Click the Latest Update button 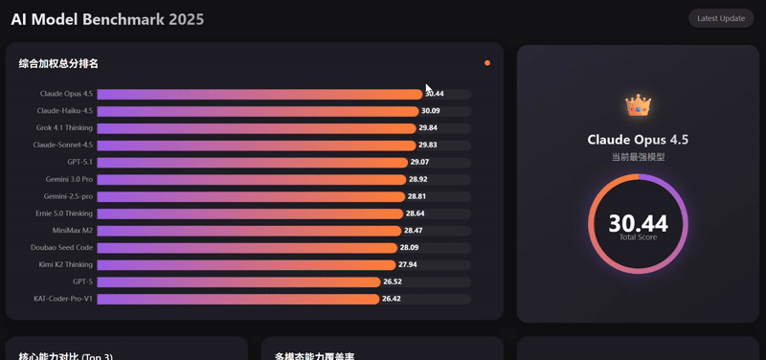tap(721, 18)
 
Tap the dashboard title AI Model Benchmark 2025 tap(107, 19)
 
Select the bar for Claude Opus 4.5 tap(259, 94)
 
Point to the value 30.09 tap(431, 111)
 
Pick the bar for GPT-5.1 tap(252, 163)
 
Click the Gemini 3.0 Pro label tap(68, 180)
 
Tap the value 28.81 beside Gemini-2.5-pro tap(417, 196)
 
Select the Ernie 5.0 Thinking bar tap(250, 214)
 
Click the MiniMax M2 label tap(73, 231)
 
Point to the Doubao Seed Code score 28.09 tap(410, 248)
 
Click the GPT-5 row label tap(82, 282)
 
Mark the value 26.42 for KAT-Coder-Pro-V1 tap(392, 299)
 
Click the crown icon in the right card tap(638, 105)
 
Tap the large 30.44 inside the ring tap(638, 223)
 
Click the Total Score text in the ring tap(638, 237)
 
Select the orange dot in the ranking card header tap(487, 63)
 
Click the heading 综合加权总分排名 tap(58, 64)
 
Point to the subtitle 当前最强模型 tap(638, 157)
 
